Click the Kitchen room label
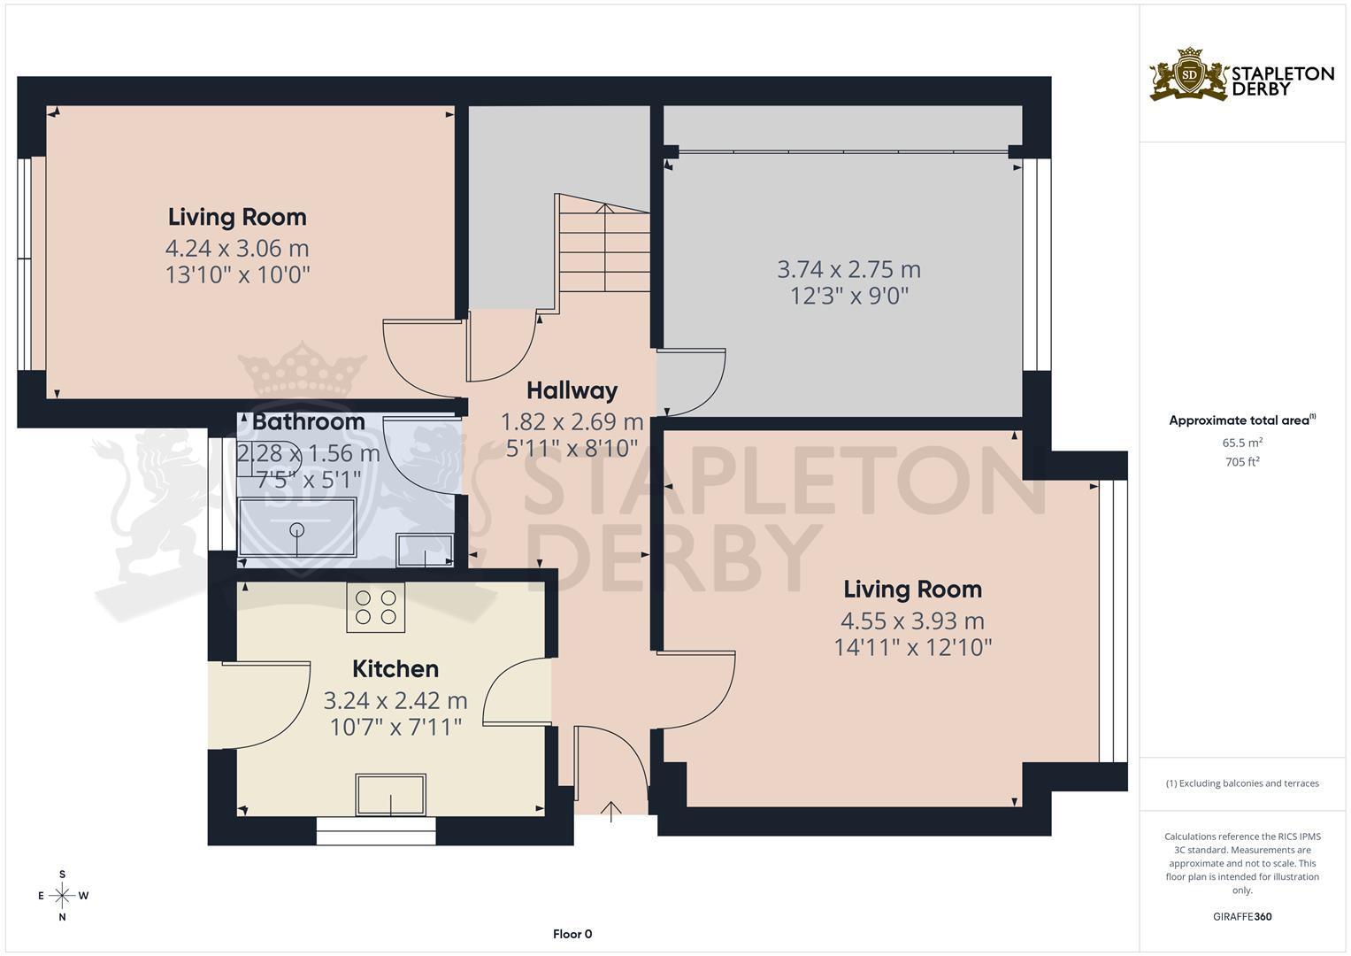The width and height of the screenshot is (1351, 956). [x=395, y=668]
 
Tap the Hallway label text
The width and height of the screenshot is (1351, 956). [x=572, y=390]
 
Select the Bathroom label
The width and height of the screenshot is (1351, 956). [x=308, y=422]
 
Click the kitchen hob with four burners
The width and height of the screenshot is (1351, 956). [x=375, y=607]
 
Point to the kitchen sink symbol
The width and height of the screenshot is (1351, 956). [x=390, y=794]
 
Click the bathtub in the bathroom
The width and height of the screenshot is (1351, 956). [x=297, y=528]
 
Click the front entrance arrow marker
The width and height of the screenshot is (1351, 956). [x=610, y=811]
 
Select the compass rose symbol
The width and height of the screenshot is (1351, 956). [x=62, y=895]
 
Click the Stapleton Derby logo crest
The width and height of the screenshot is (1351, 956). [x=1189, y=75]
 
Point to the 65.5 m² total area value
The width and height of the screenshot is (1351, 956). [x=1242, y=442]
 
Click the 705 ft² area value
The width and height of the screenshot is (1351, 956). [x=1242, y=462]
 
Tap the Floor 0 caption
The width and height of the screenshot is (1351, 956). [x=572, y=934]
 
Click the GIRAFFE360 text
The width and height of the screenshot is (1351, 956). [x=1242, y=916]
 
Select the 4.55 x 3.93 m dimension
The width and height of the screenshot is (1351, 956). [x=911, y=621]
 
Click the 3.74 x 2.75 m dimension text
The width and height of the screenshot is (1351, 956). [x=848, y=269]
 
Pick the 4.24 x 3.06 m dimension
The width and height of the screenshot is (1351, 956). [x=237, y=248]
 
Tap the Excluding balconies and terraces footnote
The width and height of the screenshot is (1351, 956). [x=1242, y=783]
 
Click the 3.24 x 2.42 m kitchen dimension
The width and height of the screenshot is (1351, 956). [x=395, y=701]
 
